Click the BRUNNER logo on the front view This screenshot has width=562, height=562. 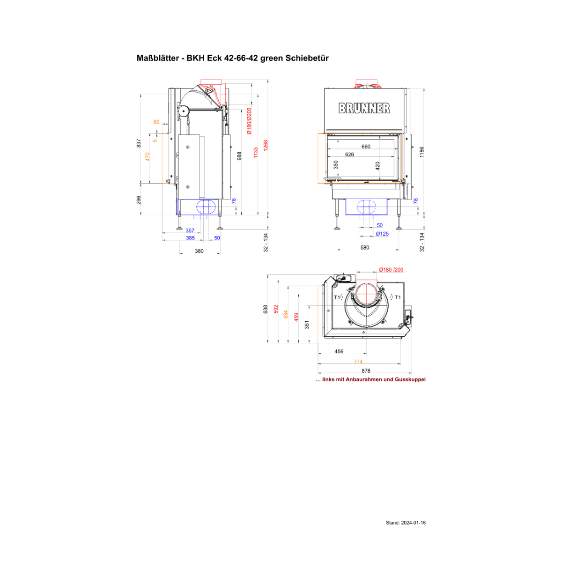tap(364, 108)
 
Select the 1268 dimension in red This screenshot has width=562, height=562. tap(266, 145)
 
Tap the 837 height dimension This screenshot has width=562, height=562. tap(139, 143)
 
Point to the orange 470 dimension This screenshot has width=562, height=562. tap(147, 156)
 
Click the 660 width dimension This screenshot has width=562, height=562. tap(366, 147)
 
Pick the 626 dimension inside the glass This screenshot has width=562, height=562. tap(349, 154)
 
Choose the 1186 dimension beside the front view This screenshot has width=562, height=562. tap(421, 152)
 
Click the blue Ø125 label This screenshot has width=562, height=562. tap(382, 234)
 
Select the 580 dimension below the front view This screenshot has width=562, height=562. tap(364, 248)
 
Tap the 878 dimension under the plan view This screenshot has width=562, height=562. tap(366, 370)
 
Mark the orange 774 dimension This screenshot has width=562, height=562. tap(358, 362)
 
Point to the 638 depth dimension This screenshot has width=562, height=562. tap(265, 309)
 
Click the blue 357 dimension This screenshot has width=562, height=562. tap(190, 230)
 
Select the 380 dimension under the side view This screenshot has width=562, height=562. tap(199, 251)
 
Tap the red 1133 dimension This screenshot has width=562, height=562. tap(256, 153)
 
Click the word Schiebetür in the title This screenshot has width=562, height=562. tap(307, 58)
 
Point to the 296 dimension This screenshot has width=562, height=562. tap(139, 200)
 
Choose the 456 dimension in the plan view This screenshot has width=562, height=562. tap(339, 351)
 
